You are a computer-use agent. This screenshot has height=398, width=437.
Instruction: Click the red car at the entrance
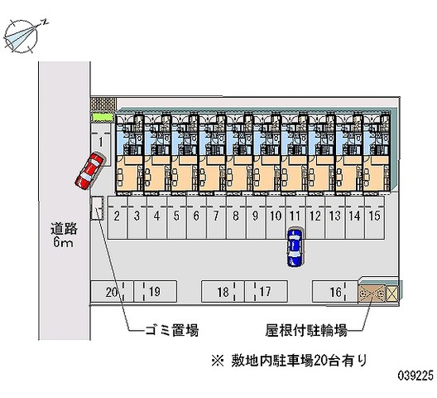90,171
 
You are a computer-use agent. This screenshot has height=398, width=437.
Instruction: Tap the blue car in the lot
295,248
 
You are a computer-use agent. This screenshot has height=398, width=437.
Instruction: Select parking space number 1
101,144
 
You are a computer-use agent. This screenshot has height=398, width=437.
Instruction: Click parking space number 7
216,217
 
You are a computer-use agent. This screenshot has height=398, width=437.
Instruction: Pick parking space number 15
374,217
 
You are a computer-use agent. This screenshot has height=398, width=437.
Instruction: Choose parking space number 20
112,292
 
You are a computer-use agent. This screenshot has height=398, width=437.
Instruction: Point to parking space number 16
335,292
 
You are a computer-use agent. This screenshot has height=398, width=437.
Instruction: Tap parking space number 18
223,292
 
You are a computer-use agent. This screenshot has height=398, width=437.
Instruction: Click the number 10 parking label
276,216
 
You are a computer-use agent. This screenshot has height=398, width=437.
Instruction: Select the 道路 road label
64,229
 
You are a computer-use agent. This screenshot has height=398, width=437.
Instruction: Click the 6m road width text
63,242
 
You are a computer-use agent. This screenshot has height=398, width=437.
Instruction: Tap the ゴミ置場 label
171,330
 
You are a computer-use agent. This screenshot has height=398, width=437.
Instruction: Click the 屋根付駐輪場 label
306,330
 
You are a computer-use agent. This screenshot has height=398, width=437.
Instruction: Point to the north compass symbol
22,36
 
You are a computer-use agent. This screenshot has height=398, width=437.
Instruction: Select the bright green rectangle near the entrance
103,117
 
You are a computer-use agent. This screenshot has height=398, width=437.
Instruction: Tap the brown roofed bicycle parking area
372,294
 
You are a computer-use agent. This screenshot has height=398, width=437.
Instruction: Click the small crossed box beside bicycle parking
392,294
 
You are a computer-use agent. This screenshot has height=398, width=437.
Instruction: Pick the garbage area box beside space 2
97,208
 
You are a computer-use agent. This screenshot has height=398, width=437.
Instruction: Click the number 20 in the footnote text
320,361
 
